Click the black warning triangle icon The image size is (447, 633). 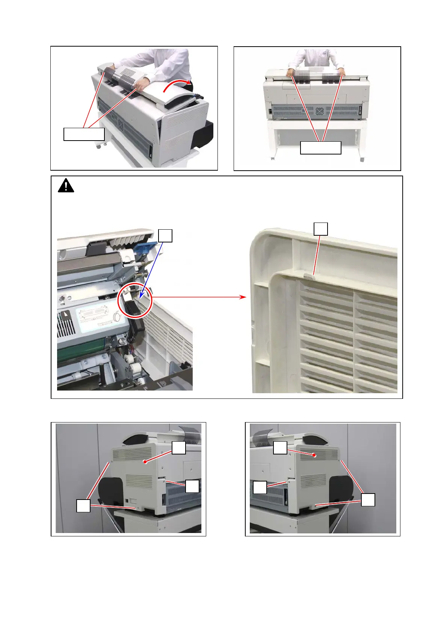pyautogui.click(x=66, y=186)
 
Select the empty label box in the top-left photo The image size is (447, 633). pyautogui.click(x=84, y=134)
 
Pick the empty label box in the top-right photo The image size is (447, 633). pyautogui.click(x=320, y=148)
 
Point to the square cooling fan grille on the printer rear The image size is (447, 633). pyautogui.click(x=319, y=112)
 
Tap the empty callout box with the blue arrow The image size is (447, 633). pyautogui.click(x=165, y=236)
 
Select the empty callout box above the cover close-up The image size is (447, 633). pyautogui.click(x=320, y=229)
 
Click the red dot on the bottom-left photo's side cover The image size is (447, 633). pyautogui.click(x=145, y=461)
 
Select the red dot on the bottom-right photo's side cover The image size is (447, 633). pyautogui.click(x=314, y=456)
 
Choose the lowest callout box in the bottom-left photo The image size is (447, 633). pyautogui.click(x=83, y=505)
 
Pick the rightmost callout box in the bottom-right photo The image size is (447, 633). pyautogui.click(x=368, y=500)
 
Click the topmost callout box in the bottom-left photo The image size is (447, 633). pyautogui.click(x=179, y=448)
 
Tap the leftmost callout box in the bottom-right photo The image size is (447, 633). pyautogui.click(x=260, y=488)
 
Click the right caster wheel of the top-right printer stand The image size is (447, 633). pyautogui.click(x=362, y=159)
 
